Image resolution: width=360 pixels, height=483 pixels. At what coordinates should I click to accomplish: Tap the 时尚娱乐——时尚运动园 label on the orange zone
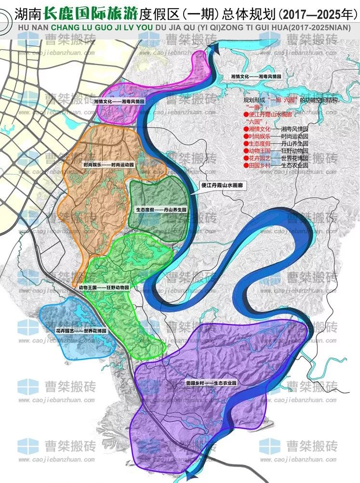tap(108, 164)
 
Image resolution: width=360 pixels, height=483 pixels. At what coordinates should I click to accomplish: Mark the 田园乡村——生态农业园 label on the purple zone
tap(213, 382)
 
